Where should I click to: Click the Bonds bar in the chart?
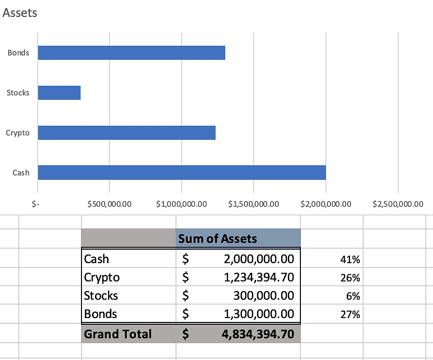click(131, 53)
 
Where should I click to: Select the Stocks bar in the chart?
click(59, 93)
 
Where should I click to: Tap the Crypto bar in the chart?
click(126, 133)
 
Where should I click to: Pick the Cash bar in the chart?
click(181, 173)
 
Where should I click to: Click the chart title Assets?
click(20, 13)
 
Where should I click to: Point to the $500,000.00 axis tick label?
click(109, 204)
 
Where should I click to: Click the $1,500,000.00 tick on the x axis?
click(254, 204)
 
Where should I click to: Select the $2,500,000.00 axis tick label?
click(398, 204)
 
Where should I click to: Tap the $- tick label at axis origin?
click(35, 204)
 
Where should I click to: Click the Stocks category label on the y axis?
click(18, 93)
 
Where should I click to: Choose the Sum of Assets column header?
click(217, 238)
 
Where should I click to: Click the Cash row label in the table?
click(96, 259)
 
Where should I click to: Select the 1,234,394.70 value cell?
click(259, 277)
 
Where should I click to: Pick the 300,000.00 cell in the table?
click(263, 295)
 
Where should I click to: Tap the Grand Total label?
click(118, 334)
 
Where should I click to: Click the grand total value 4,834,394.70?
click(257, 334)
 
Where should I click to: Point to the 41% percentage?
click(350, 260)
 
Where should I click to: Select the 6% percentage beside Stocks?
click(353, 296)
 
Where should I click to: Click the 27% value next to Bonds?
click(350, 315)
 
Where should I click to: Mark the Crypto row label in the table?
click(102, 277)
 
